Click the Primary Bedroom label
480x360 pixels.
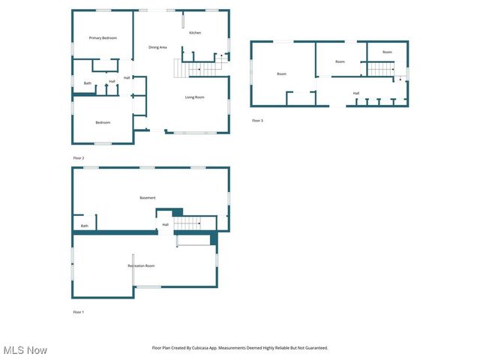coord(103,37)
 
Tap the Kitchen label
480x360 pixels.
coord(195,33)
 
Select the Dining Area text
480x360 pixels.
coord(157,47)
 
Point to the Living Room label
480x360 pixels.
coord(195,97)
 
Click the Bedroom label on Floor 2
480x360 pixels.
coord(103,122)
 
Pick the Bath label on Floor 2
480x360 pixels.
coord(88,83)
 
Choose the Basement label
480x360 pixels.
coord(148,197)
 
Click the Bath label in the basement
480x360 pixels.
coord(85,226)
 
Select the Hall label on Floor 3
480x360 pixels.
coord(356,93)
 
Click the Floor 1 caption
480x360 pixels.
coord(79,311)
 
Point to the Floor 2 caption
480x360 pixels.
coord(79,158)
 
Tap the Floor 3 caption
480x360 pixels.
coord(257,120)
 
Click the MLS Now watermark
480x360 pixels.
coord(25,350)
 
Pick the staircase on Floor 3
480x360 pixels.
coord(382,69)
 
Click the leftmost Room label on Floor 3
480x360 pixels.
coord(281,73)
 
